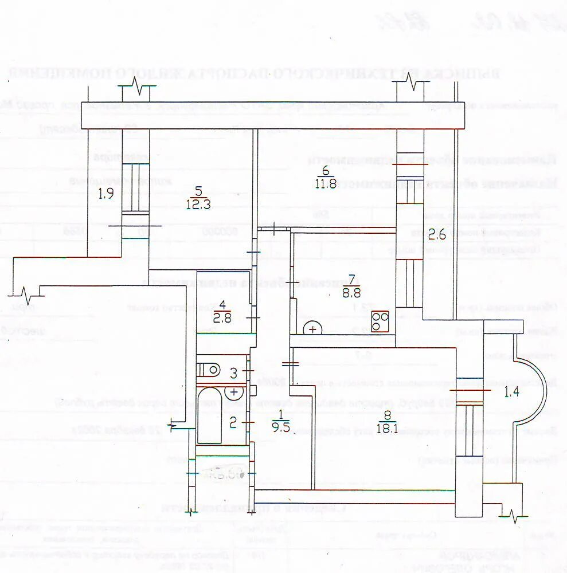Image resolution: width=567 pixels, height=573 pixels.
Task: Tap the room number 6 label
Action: click(x=325, y=171)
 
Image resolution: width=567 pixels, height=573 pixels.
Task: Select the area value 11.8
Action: click(x=325, y=184)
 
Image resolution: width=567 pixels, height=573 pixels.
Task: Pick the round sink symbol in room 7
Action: click(x=313, y=329)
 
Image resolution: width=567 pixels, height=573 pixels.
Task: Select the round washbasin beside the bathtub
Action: click(x=234, y=393)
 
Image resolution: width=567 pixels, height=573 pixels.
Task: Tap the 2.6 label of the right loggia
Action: click(x=437, y=235)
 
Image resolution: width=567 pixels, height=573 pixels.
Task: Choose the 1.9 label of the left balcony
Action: click(x=105, y=194)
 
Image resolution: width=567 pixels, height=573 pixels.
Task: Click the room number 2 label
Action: click(x=233, y=423)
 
